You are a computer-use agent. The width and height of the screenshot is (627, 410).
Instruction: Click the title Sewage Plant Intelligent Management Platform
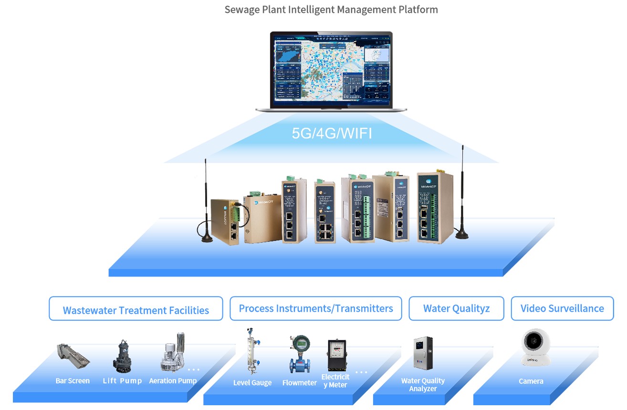pyautogui.click(x=331, y=10)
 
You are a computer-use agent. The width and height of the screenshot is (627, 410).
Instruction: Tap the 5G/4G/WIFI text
pyautogui.click(x=332, y=133)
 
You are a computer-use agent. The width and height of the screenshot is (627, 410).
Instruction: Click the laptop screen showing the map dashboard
pyautogui.click(x=331, y=70)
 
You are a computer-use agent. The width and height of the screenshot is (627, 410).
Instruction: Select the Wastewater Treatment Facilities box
pyautogui.click(x=136, y=309)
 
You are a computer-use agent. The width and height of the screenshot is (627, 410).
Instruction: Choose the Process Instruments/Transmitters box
pyautogui.click(x=316, y=308)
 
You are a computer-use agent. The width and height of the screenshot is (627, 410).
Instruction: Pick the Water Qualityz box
pyautogui.click(x=456, y=308)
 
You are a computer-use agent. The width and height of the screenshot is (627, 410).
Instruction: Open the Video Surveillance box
pyautogui.click(x=562, y=308)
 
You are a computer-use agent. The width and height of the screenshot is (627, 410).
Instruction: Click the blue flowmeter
pyautogui.click(x=300, y=354)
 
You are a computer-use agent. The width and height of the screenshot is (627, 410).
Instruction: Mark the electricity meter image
pyautogui.click(x=337, y=355)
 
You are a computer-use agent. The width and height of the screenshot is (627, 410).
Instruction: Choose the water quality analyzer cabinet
pyautogui.click(x=423, y=354)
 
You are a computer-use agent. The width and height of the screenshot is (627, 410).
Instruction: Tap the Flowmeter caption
pyautogui.click(x=300, y=383)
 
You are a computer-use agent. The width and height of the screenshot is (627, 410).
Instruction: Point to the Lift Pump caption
pyautogui.click(x=122, y=381)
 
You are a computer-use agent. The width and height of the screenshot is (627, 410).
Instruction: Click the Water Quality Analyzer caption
pyautogui.click(x=423, y=385)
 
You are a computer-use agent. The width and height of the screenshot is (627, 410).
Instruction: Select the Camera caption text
pyautogui.click(x=531, y=381)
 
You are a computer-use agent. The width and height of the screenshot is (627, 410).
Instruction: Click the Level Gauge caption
pyautogui.click(x=252, y=383)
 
